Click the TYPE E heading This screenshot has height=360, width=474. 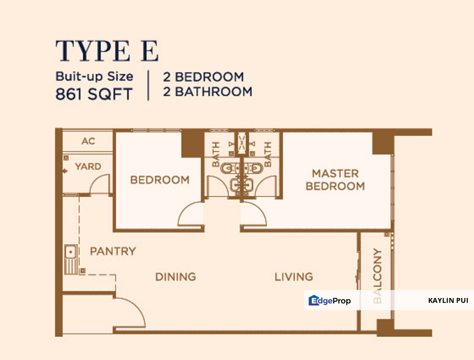[x=107, y=51]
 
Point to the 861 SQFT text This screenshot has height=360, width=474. [x=94, y=93]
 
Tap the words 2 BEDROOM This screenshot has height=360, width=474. [x=203, y=77]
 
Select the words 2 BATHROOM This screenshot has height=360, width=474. [x=207, y=92]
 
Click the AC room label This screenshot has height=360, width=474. [x=88, y=141]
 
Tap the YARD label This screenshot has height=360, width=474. [x=88, y=166]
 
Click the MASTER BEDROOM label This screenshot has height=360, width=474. [x=335, y=180]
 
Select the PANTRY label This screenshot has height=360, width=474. [x=112, y=251]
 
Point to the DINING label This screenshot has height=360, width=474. [x=175, y=276]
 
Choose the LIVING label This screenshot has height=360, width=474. [x=293, y=276]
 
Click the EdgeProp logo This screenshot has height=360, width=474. [x=329, y=300]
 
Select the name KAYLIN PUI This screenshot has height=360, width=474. [x=448, y=300]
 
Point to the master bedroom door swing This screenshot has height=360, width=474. [x=253, y=214]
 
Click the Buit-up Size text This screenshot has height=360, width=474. [x=94, y=76]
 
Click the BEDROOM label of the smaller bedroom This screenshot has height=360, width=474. [x=159, y=179]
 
